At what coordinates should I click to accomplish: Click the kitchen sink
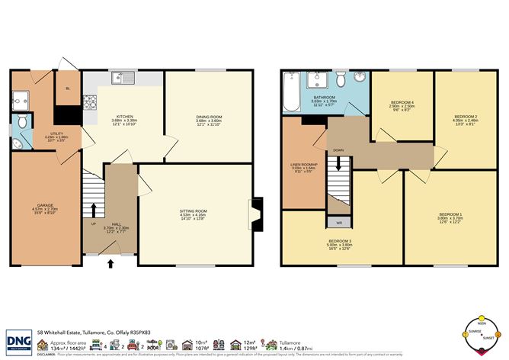click(x=121, y=78)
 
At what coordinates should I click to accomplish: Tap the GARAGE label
click(x=45, y=204)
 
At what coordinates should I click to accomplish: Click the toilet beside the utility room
click(x=23, y=121)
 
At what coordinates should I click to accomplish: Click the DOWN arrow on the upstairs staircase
click(x=337, y=162)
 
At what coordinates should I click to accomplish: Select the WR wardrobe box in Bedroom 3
click(x=338, y=222)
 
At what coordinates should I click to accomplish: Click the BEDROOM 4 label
click(x=401, y=102)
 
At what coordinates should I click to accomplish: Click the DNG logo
click(x=19, y=340)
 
